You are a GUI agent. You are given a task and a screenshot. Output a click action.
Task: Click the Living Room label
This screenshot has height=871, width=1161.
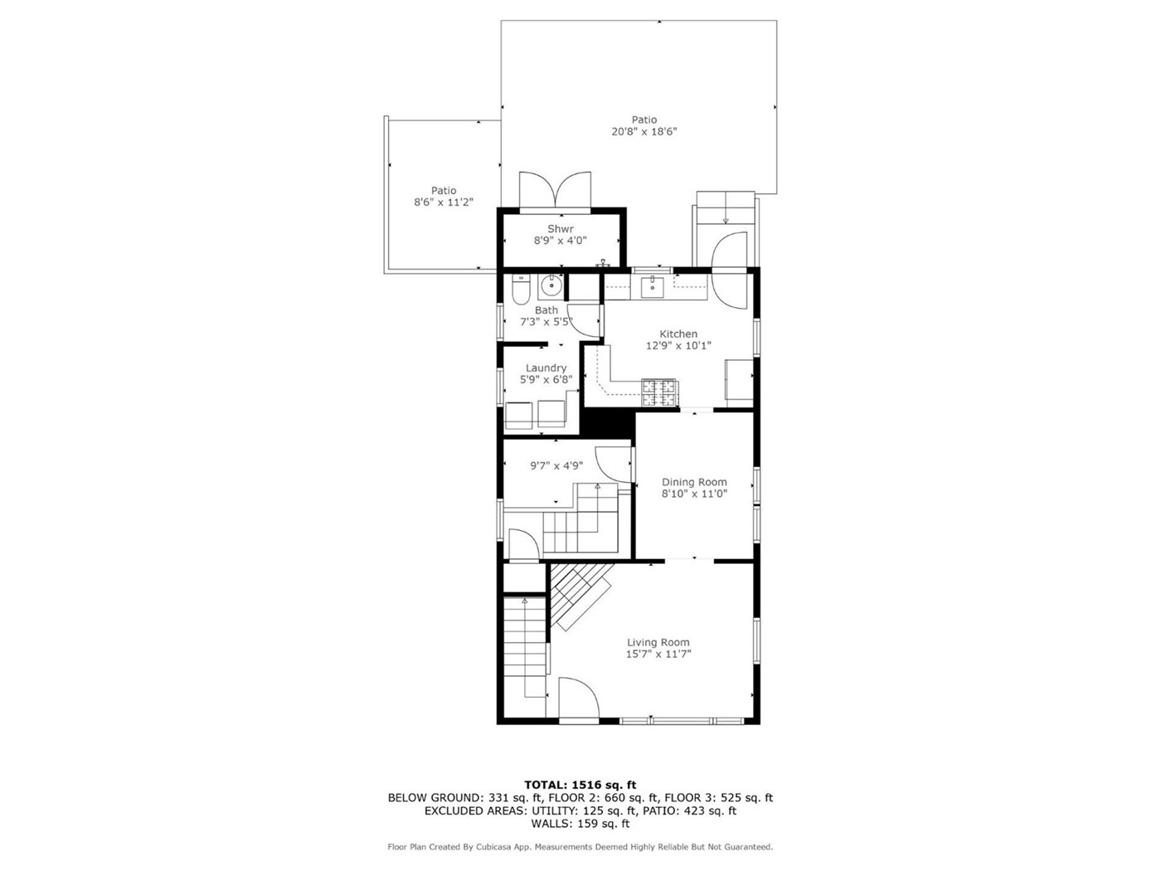658,642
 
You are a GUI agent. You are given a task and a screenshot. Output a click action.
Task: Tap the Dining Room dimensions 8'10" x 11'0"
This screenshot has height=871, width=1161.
694,494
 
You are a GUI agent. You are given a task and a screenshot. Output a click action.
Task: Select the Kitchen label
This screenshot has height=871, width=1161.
678,333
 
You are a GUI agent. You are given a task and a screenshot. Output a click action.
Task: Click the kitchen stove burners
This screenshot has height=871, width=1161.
659,392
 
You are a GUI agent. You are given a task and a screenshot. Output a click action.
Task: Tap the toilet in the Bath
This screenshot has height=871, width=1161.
520,290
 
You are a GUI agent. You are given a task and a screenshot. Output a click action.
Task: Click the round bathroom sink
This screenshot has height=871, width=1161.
551,287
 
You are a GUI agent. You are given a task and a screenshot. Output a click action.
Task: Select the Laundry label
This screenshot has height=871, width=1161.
546,367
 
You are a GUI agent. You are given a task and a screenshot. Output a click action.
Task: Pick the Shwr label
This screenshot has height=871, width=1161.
560,229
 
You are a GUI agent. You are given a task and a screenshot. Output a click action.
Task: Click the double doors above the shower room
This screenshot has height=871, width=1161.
555,191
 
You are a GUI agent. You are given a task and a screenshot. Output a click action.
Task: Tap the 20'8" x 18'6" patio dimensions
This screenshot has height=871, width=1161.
644,132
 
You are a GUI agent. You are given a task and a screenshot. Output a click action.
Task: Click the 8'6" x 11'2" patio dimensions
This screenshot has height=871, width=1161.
443,202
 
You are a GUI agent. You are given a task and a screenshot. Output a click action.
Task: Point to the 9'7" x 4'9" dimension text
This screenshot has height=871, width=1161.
556,466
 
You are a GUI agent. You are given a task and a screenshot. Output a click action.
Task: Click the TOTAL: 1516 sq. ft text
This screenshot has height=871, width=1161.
580,785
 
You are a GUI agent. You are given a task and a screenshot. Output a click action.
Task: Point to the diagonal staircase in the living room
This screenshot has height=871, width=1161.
581,596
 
